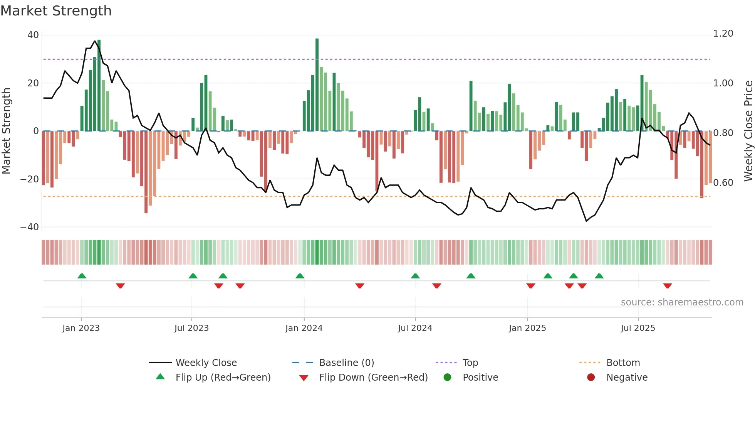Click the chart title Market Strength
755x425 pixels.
(x=56, y=11)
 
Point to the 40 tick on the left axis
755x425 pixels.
(x=33, y=35)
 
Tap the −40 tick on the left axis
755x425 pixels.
(x=30, y=227)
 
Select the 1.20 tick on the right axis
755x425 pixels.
(x=723, y=34)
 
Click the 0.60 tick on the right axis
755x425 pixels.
(x=723, y=182)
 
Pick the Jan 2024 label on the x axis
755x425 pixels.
(x=304, y=328)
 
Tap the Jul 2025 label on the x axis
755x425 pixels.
(x=638, y=328)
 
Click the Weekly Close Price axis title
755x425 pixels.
(x=748, y=131)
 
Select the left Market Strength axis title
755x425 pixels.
(x=6, y=131)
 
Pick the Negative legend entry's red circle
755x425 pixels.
(x=591, y=378)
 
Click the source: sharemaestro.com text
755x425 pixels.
(x=682, y=302)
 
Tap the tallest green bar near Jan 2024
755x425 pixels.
(x=317, y=85)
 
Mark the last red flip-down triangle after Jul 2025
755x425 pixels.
(x=668, y=286)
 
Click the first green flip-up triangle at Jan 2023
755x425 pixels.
(x=82, y=276)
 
